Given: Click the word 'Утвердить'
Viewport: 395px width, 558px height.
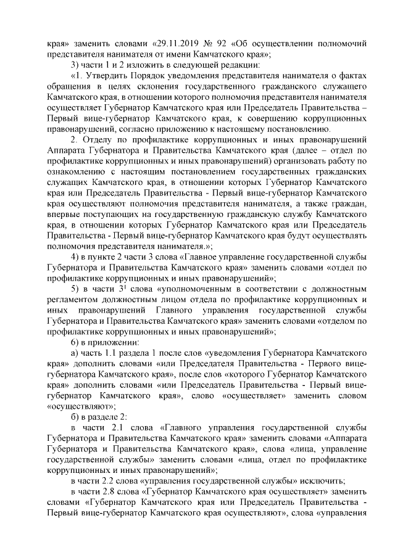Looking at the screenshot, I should (x=106, y=76).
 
